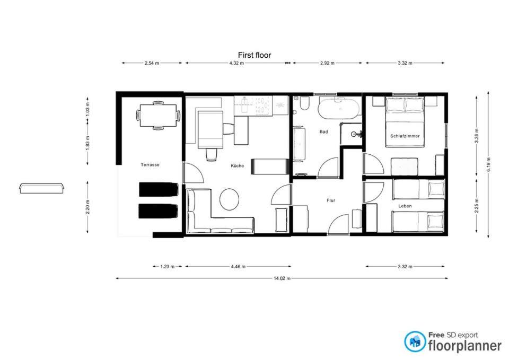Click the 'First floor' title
(x=254, y=55)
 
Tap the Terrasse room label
(x=150, y=165)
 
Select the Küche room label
(x=238, y=166)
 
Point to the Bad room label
(x=323, y=132)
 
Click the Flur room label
(x=331, y=200)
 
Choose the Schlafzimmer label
(x=405, y=136)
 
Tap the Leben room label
(x=405, y=206)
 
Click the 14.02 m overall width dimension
(x=282, y=278)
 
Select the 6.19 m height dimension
(x=488, y=165)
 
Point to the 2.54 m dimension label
(x=152, y=63)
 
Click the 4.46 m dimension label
(x=238, y=267)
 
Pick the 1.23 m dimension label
(x=168, y=267)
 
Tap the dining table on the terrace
(x=158, y=116)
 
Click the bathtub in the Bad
(x=339, y=108)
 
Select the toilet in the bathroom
(x=304, y=103)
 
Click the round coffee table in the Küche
(x=229, y=199)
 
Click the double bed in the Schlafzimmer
(x=405, y=122)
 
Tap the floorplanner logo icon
(x=415, y=341)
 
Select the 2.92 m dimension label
(x=327, y=63)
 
